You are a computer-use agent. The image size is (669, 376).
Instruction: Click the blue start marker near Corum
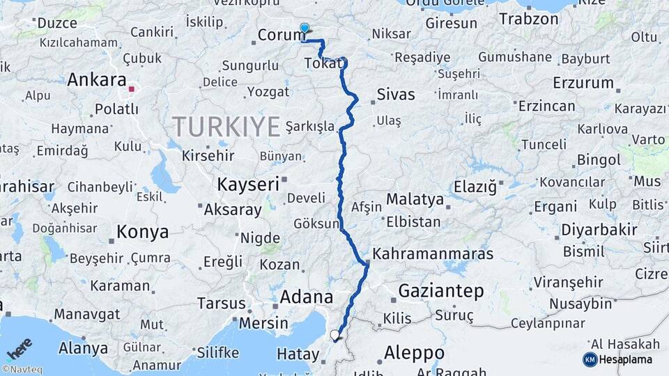[305, 28]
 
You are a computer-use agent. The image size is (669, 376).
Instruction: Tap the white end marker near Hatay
[335, 336]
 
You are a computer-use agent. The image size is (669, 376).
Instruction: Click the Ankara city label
[97, 79]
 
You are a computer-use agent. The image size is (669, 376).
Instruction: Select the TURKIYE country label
[226, 126]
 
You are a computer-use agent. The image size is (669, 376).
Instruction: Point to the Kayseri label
[247, 185]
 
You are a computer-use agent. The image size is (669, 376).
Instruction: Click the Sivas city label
[395, 95]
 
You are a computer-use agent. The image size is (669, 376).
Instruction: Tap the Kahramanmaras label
[433, 253]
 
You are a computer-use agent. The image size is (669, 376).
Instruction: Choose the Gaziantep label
[441, 291]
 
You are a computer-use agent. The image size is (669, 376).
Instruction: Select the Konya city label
[142, 232]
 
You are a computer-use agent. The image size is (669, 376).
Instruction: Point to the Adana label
[307, 297]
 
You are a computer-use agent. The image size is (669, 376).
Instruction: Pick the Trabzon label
[529, 19]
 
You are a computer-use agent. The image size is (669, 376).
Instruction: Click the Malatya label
[415, 199]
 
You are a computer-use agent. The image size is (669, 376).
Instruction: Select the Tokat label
[323, 64]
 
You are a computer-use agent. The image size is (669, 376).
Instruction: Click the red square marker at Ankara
[131, 89]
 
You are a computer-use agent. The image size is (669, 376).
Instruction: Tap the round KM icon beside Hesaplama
[590, 359]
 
